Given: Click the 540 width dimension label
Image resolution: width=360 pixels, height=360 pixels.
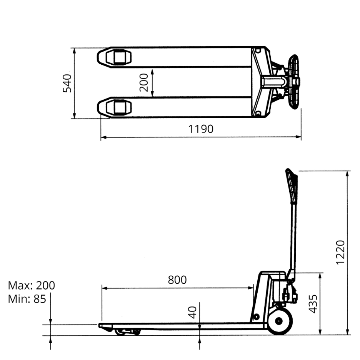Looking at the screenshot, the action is [67, 83].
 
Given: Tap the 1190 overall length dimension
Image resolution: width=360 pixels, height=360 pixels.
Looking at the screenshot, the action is [201, 129].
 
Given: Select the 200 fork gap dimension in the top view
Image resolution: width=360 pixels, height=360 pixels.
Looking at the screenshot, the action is [144, 82].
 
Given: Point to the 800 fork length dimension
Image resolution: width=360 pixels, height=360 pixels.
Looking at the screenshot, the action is [177, 280].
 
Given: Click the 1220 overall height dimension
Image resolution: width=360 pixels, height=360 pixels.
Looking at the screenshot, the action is [340, 253].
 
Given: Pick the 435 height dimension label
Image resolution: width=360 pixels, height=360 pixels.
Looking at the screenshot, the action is [313, 304].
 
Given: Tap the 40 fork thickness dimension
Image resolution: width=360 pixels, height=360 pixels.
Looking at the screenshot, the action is [192, 312].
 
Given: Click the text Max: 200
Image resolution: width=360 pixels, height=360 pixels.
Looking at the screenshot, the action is [32, 285].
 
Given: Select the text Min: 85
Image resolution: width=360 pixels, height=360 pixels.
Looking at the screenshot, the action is [27, 299].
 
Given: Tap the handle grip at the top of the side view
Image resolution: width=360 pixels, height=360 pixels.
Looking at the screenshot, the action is [292, 186].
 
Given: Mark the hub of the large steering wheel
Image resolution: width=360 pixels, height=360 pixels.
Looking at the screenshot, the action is [279, 321].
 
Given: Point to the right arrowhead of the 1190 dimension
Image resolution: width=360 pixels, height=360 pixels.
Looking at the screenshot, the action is [298, 137].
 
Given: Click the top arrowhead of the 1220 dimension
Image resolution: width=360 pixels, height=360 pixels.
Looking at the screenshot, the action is [347, 174].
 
